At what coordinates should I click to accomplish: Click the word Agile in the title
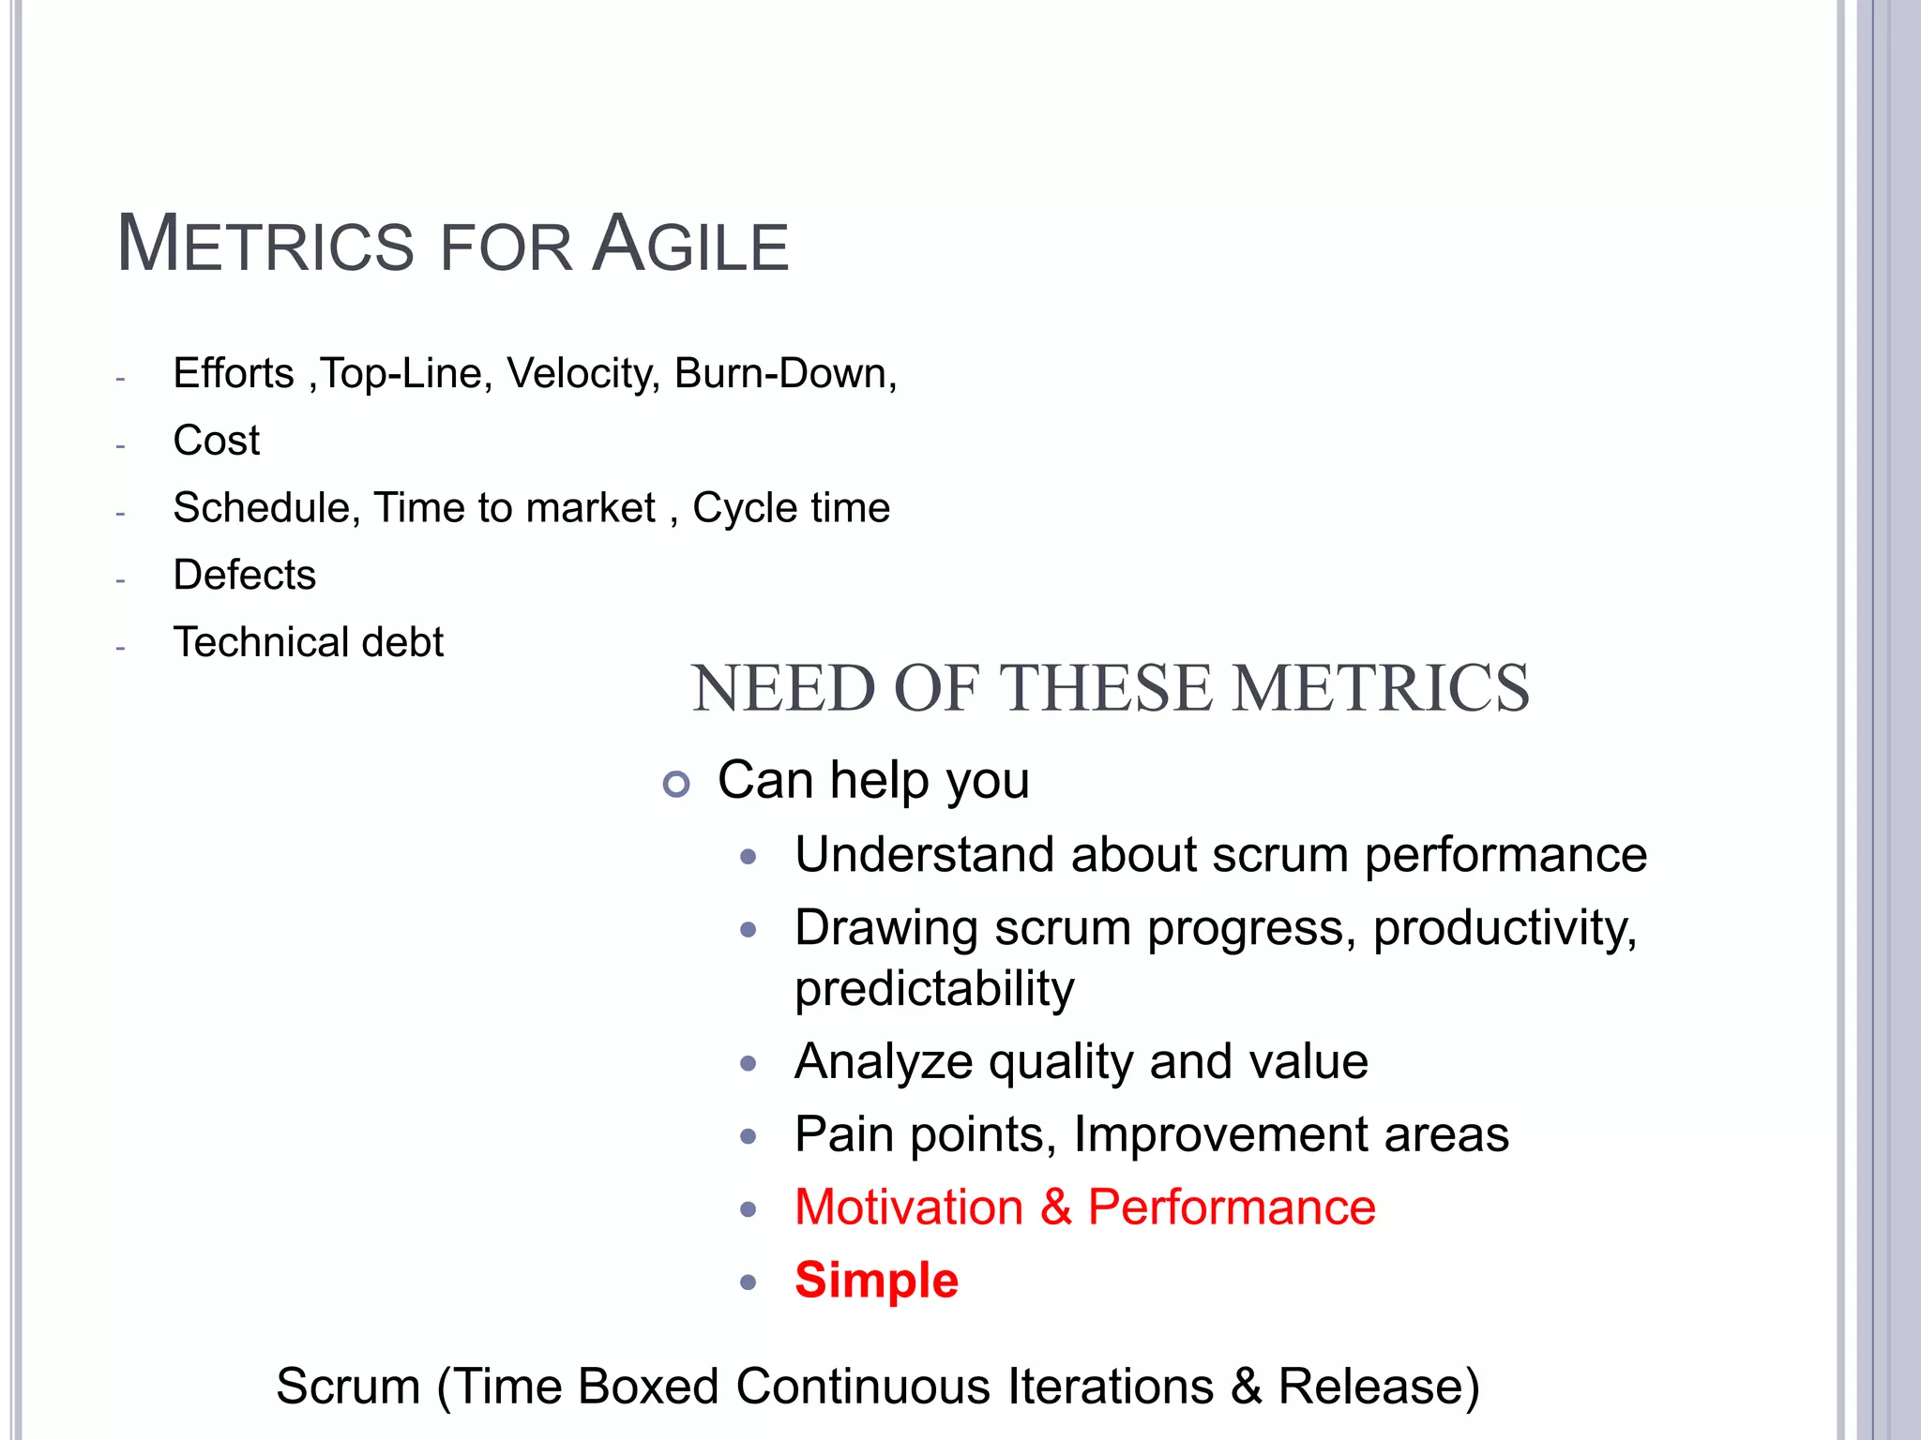click(691, 245)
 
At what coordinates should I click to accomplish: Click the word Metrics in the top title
click(265, 245)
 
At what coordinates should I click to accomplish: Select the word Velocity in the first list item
click(583, 373)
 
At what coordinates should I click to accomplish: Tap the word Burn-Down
click(785, 373)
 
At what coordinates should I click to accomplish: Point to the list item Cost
click(217, 441)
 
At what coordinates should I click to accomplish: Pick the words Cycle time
click(791, 508)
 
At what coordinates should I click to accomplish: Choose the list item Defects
click(245, 575)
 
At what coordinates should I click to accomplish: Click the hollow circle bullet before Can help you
click(675, 784)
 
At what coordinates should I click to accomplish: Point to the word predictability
click(934, 989)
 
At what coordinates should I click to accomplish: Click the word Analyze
click(884, 1062)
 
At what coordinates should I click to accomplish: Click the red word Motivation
click(909, 1207)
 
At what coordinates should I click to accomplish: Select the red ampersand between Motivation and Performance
click(1056, 1207)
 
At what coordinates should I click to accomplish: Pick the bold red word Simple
click(876, 1281)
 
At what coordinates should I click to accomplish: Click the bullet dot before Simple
click(748, 1282)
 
